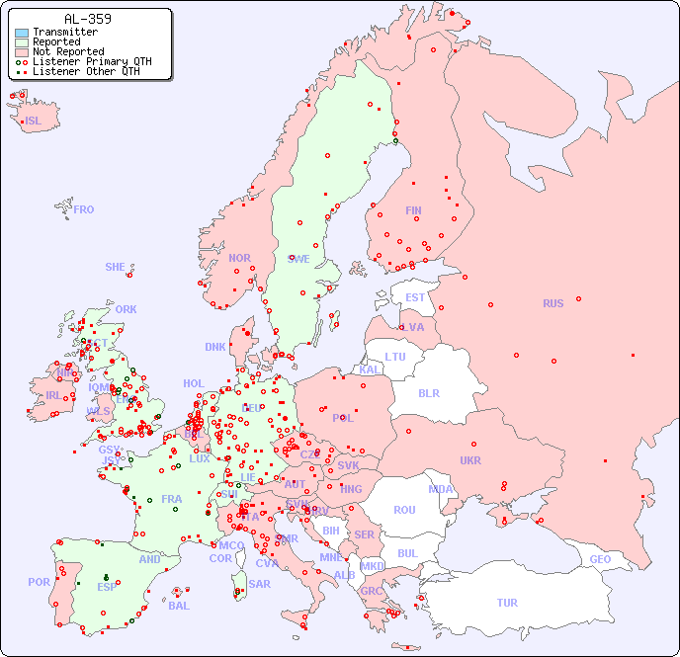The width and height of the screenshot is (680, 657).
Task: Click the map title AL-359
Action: tap(87, 19)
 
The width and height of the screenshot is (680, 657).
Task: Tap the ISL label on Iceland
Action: tap(34, 122)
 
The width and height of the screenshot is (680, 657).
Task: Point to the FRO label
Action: tap(84, 209)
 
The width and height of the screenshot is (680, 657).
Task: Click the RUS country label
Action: tap(552, 303)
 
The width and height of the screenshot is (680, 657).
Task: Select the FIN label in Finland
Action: tap(413, 210)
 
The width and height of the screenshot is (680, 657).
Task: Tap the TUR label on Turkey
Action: tap(507, 603)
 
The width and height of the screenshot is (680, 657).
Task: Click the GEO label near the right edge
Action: tap(600, 559)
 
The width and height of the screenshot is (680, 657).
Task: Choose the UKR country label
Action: tap(470, 460)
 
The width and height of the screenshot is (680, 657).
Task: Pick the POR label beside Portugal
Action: tap(39, 582)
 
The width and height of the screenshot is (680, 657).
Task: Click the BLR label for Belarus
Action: tap(428, 392)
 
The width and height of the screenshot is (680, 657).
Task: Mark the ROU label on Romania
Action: tap(404, 510)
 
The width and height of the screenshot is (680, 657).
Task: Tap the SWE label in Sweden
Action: tap(298, 259)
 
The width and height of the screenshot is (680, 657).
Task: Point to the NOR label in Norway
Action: tap(239, 258)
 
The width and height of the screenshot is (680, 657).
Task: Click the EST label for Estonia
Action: tap(415, 297)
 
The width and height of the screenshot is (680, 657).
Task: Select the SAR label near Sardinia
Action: tap(259, 584)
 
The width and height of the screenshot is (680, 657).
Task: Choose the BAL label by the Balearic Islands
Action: tap(178, 606)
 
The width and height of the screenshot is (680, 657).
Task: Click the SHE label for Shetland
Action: tap(116, 267)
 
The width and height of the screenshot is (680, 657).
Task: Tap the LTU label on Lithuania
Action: tap(395, 357)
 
